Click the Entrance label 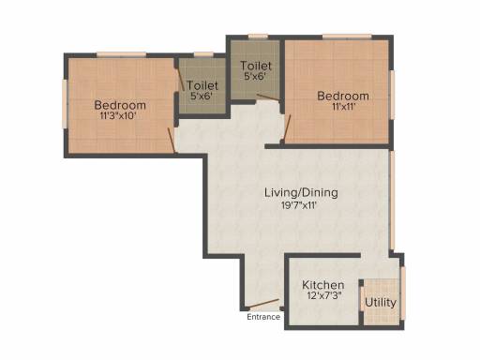pos(263,317)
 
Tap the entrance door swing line pos(262,303)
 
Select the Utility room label pos(381,303)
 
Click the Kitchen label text pos(323,285)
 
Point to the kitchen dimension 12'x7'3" pos(323,295)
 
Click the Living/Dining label pos(301,192)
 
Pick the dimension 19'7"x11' pos(300,205)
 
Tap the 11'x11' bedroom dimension pos(344,107)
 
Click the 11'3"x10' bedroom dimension pos(117,116)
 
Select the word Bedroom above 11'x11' pos(343,96)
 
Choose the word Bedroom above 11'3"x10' pos(120,105)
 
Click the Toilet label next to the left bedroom pos(202,85)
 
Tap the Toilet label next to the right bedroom pos(256,66)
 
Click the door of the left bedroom pos(172,141)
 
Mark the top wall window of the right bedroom pos(347,37)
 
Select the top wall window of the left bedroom pos(121,54)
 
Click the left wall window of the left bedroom pos(65,104)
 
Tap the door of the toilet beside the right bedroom pos(268,97)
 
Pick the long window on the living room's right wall pos(392,201)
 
